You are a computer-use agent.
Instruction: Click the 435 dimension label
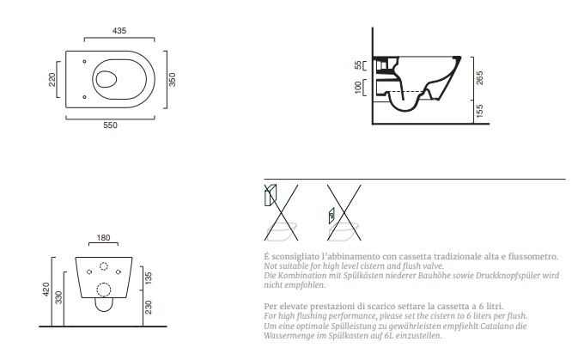click(x=119, y=31)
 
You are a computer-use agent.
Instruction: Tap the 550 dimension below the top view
click(x=110, y=125)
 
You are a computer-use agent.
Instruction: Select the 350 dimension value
click(x=172, y=79)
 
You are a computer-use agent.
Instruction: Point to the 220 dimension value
click(x=52, y=79)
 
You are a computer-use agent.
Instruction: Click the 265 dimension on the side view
click(x=479, y=78)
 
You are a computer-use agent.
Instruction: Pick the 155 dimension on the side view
click(x=479, y=111)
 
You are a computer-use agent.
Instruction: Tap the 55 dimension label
click(x=358, y=65)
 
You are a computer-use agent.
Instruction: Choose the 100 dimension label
click(x=358, y=87)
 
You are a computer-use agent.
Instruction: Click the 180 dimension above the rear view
click(x=103, y=238)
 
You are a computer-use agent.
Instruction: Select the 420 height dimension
click(x=46, y=290)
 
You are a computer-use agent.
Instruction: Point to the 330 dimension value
click(x=58, y=297)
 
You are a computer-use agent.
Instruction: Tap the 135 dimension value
click(x=149, y=278)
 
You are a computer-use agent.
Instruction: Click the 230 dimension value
click(x=149, y=307)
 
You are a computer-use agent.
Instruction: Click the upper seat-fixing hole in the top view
click(x=84, y=62)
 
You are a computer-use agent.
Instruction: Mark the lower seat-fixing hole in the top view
click(x=84, y=97)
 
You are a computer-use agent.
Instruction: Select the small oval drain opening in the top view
click(x=106, y=79)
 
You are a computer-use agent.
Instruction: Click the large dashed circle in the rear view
click(x=104, y=290)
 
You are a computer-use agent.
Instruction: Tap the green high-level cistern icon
click(x=271, y=194)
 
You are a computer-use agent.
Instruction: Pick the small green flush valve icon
click(x=332, y=216)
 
